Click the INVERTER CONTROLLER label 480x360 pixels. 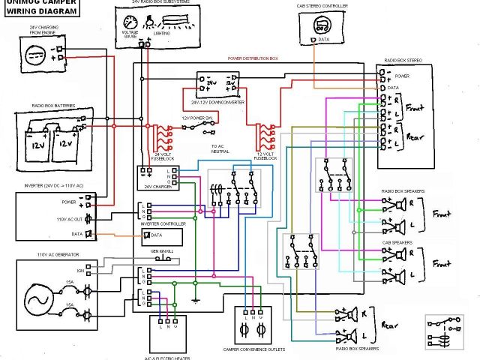click(x=163, y=223)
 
